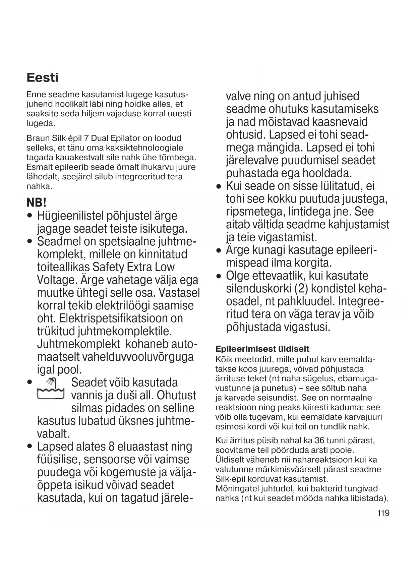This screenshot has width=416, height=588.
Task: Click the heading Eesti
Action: (x=42, y=78)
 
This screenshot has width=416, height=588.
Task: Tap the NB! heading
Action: (x=36, y=203)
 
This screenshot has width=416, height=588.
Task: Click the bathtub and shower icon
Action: (x=50, y=389)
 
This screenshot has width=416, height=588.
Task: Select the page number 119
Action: (x=383, y=513)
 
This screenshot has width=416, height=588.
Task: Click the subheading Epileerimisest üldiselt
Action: (x=262, y=349)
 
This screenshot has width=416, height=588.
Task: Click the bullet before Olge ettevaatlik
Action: (x=219, y=277)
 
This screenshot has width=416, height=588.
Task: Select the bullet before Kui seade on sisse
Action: (x=219, y=186)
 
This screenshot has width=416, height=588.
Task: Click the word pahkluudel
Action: (x=300, y=301)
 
